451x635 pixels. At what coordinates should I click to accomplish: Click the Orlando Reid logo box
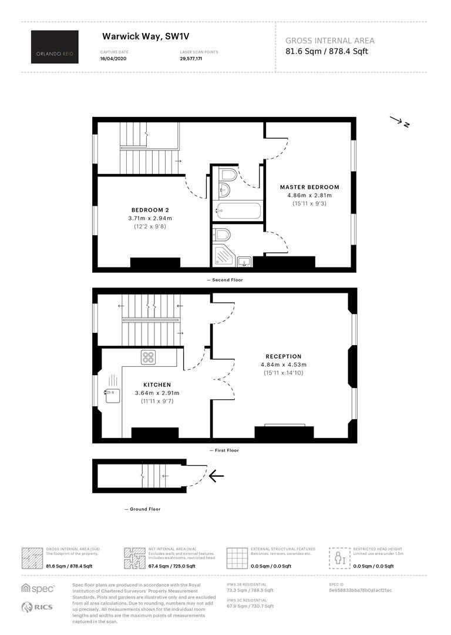[55, 46]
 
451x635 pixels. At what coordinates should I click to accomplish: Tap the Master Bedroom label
[309, 187]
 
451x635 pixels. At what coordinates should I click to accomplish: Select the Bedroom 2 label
[150, 210]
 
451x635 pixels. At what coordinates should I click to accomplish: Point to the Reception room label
[284, 356]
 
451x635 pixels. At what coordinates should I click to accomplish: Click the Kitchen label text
[157, 385]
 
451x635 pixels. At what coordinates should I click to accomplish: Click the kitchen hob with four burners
[149, 357]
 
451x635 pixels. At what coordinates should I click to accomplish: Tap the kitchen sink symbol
[112, 395]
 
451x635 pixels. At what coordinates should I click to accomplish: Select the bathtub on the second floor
[238, 211]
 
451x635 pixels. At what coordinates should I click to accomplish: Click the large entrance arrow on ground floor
[217, 476]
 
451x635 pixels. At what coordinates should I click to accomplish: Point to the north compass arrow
[400, 122]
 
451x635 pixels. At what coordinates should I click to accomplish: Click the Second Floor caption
[227, 280]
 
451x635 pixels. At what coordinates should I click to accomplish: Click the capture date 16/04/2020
[113, 59]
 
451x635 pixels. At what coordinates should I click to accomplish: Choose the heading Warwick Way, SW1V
[146, 36]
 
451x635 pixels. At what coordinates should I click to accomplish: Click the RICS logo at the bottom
[37, 607]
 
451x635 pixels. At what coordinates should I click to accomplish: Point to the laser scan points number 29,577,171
[191, 59]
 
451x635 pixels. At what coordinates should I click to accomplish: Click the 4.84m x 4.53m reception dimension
[284, 365]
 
